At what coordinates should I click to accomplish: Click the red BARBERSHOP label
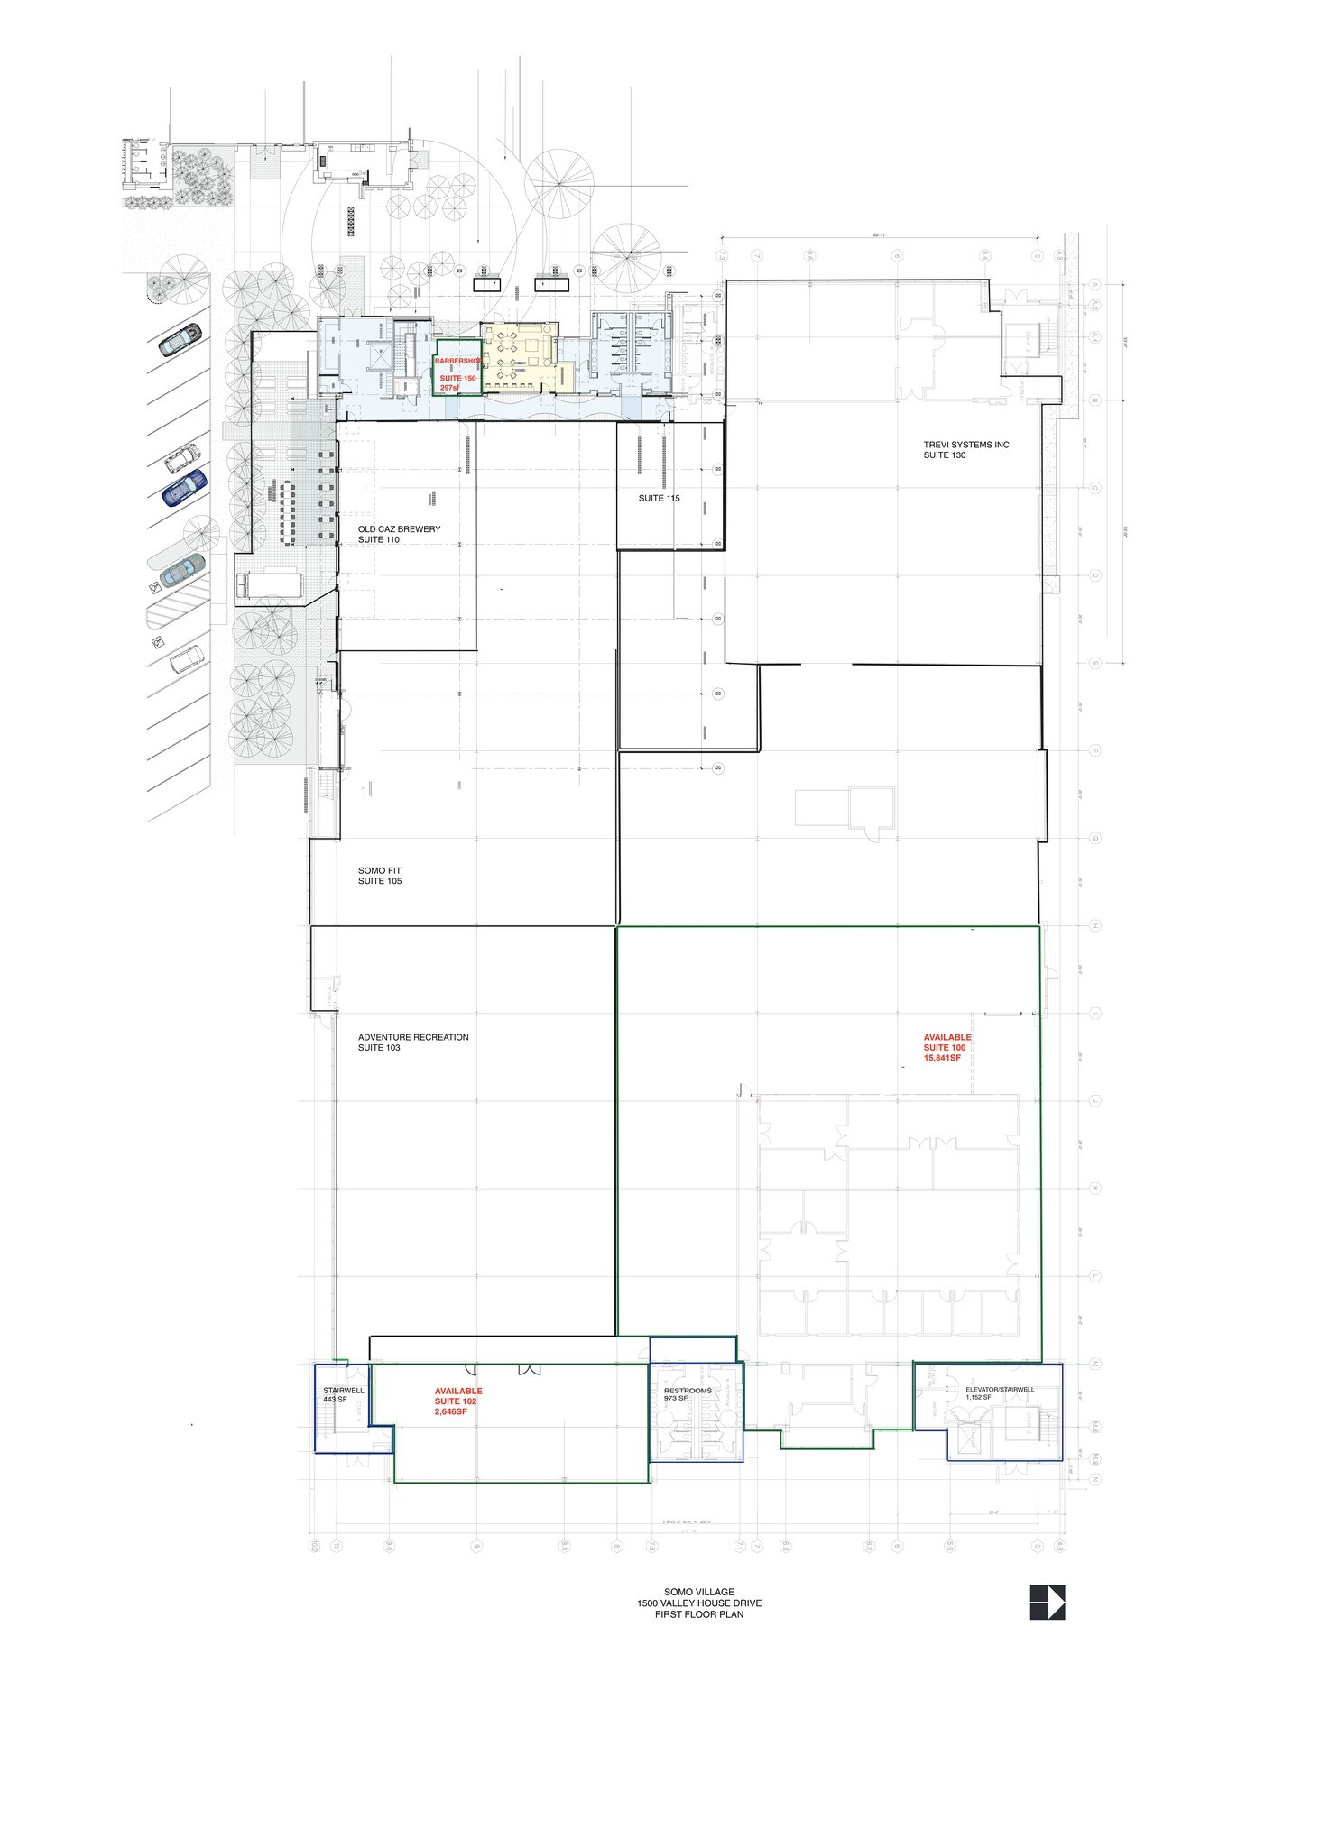click(x=458, y=359)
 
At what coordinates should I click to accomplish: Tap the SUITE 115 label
click(x=659, y=498)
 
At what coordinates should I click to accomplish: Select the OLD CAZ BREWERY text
click(x=399, y=529)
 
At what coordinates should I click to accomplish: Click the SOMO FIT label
click(x=379, y=870)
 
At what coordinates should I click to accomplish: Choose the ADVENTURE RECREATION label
click(x=413, y=1037)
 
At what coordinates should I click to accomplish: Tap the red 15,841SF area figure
click(x=942, y=1058)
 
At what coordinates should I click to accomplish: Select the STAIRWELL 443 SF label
click(x=343, y=1395)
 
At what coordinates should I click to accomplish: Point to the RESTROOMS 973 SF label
click(x=688, y=1393)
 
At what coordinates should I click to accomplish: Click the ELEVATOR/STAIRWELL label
click(x=1000, y=1390)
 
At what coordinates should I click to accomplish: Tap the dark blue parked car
click(x=184, y=487)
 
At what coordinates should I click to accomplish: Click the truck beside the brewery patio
click(x=268, y=584)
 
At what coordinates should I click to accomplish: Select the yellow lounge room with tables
click(x=519, y=356)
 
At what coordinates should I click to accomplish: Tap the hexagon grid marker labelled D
click(x=1095, y=574)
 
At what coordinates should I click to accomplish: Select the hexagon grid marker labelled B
click(x=1095, y=400)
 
